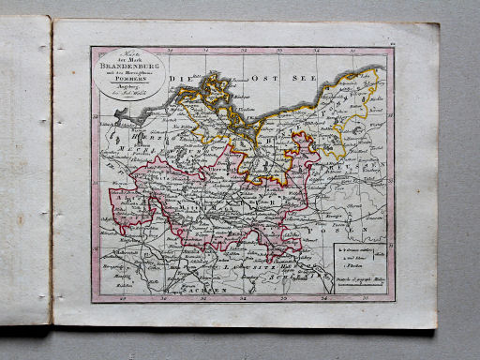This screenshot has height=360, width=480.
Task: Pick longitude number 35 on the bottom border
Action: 364,298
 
